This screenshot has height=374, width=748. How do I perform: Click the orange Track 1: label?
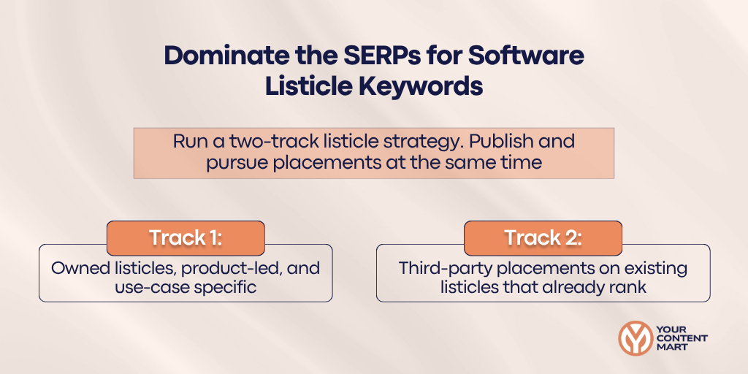click(186, 238)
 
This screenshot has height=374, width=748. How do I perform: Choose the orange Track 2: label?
click(543, 238)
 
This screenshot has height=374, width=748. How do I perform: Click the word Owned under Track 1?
click(77, 268)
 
